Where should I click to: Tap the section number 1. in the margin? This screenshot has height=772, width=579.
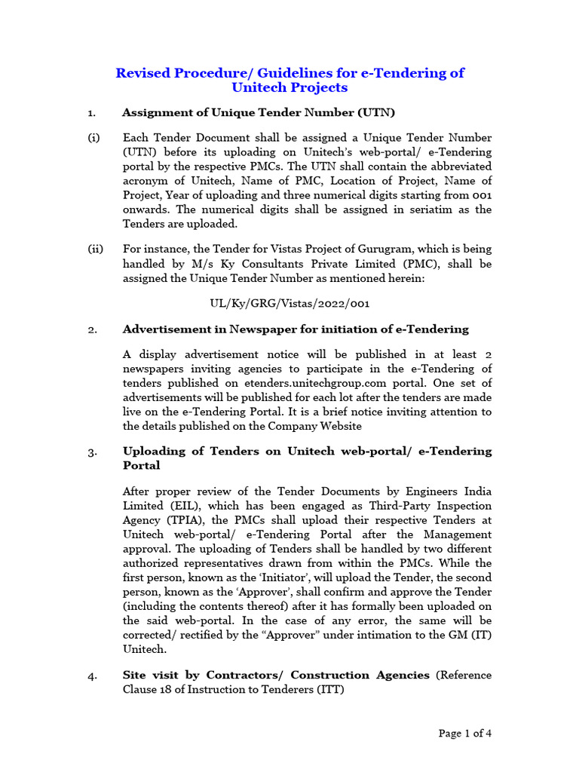pos(91,113)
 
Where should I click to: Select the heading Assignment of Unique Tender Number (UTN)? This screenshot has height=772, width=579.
pos(259,113)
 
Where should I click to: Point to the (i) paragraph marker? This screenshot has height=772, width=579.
pos(93,138)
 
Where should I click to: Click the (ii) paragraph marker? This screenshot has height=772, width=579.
pos(95,250)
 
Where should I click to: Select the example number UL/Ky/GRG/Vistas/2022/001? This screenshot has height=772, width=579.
pos(289,304)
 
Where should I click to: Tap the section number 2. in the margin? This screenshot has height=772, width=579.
pos(91,329)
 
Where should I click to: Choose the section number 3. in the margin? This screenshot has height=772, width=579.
pos(91,452)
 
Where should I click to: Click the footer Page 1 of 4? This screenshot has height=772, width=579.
pos(465,733)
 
